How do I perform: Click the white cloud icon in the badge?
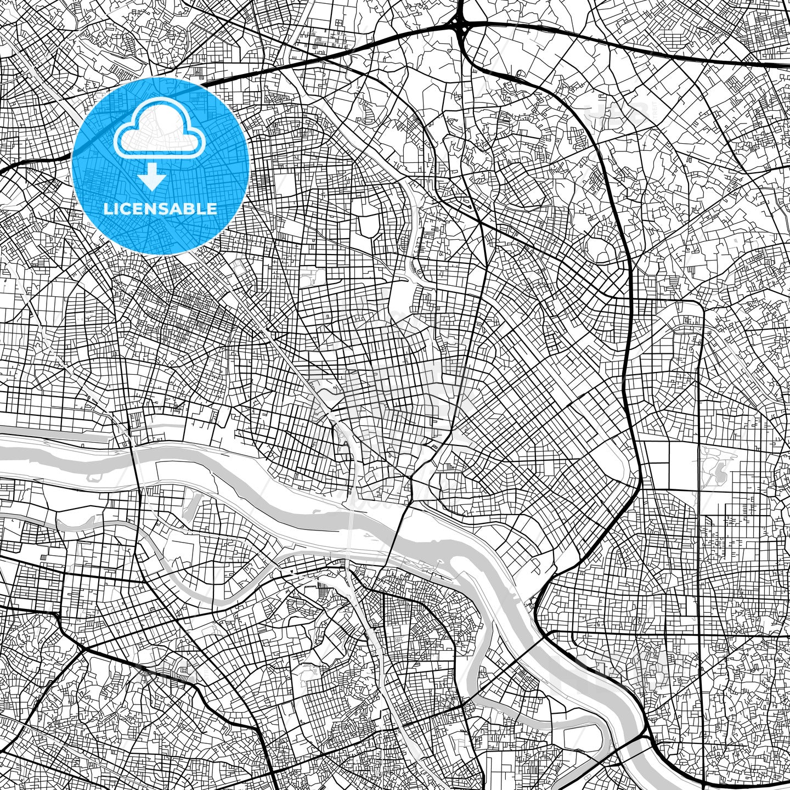(x=160, y=132)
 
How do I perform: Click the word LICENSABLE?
(x=160, y=209)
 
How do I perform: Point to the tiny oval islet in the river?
(x=439, y=561)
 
